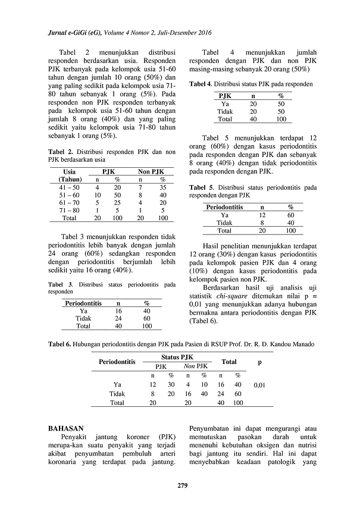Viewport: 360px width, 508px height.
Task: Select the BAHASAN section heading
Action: click(x=67, y=428)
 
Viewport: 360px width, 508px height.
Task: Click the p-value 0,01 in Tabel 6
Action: click(x=259, y=385)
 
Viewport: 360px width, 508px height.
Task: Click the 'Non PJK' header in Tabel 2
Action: click(x=151, y=171)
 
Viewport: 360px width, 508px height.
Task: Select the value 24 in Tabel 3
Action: click(x=118, y=318)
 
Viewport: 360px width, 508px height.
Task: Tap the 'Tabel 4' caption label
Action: click(x=201, y=84)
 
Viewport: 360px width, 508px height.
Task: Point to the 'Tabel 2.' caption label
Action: click(x=61, y=152)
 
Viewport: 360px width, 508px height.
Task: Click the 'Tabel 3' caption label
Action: click(x=60, y=284)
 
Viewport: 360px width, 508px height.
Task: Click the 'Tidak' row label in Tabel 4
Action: click(x=225, y=111)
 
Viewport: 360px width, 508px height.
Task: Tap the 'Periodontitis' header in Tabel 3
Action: click(x=83, y=303)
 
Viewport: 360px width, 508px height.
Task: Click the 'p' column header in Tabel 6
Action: click(x=259, y=361)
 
